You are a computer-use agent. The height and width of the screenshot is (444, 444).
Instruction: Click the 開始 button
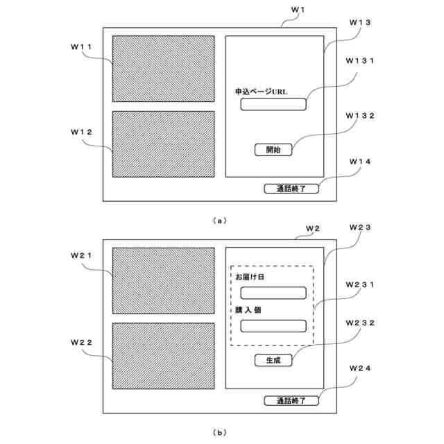[273, 149]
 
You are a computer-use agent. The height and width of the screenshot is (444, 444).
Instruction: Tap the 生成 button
[273, 360]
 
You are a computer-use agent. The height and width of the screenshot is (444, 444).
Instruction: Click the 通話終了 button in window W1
[291, 188]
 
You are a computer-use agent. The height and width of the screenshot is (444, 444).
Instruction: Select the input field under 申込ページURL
[273, 105]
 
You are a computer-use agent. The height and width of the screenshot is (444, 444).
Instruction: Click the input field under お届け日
[273, 293]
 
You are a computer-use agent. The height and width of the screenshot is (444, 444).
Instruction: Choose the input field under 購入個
[273, 325]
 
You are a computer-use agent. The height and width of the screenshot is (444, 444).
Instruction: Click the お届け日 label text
[250, 277]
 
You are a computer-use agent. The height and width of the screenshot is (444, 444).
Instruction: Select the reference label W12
[82, 131]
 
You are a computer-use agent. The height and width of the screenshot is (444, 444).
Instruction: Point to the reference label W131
[360, 60]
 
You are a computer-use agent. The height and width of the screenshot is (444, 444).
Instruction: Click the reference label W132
[360, 115]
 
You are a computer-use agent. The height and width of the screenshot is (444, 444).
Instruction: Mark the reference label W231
[360, 284]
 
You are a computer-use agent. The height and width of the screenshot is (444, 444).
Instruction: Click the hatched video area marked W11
[164, 69]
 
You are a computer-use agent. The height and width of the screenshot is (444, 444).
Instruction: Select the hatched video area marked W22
[164, 355]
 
